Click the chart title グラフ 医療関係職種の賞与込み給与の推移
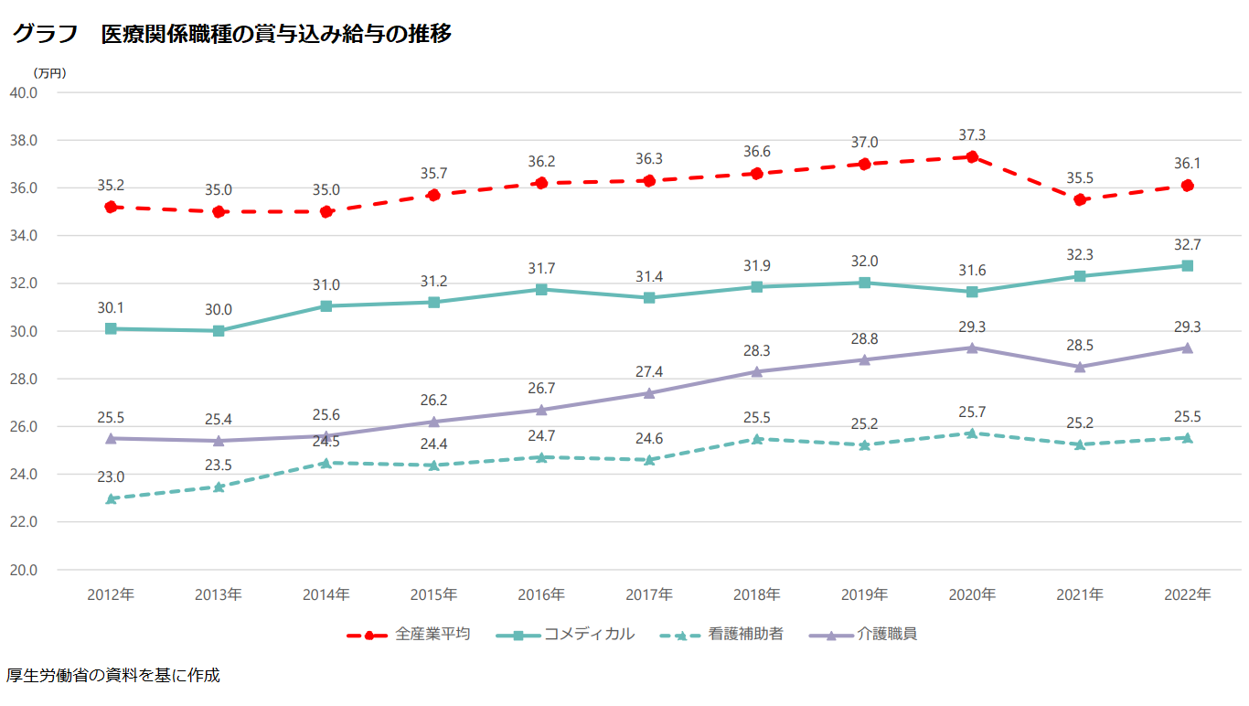[x=231, y=35]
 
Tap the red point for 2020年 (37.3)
[x=972, y=157]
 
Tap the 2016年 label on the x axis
[x=541, y=594]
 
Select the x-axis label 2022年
[x=1187, y=594]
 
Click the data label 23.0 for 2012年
[x=111, y=476]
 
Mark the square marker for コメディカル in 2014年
[x=326, y=306]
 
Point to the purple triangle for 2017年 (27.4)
[x=649, y=393]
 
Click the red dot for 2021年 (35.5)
[x=1080, y=199]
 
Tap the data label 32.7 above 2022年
[x=1187, y=244]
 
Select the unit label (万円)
[x=49, y=73]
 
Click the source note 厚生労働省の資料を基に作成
[x=112, y=677]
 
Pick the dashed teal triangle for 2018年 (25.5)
[x=757, y=439]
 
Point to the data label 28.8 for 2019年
[x=864, y=338]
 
